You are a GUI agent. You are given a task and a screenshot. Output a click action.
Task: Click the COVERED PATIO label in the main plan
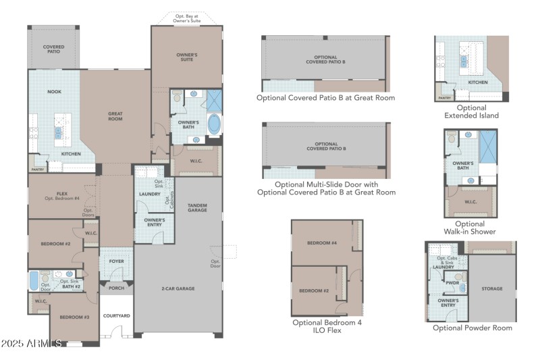[54, 49]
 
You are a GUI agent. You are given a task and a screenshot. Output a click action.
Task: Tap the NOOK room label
[54, 91]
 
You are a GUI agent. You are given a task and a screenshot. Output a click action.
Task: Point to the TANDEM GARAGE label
[197, 208]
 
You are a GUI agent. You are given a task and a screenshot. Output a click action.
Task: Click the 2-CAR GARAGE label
[178, 288]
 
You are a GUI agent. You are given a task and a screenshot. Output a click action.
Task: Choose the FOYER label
[116, 260]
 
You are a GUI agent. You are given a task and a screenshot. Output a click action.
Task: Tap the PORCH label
[115, 288]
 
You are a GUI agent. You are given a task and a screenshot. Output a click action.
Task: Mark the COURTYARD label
[116, 315]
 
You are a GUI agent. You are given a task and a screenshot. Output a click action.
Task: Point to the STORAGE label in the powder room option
[492, 288]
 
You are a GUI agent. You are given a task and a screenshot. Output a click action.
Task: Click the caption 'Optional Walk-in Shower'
[470, 228]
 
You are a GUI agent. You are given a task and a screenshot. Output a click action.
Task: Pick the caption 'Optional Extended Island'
[470, 111]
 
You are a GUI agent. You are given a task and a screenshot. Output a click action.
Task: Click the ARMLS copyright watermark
[32, 344]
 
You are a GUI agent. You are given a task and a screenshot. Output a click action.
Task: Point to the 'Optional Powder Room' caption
[473, 328]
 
